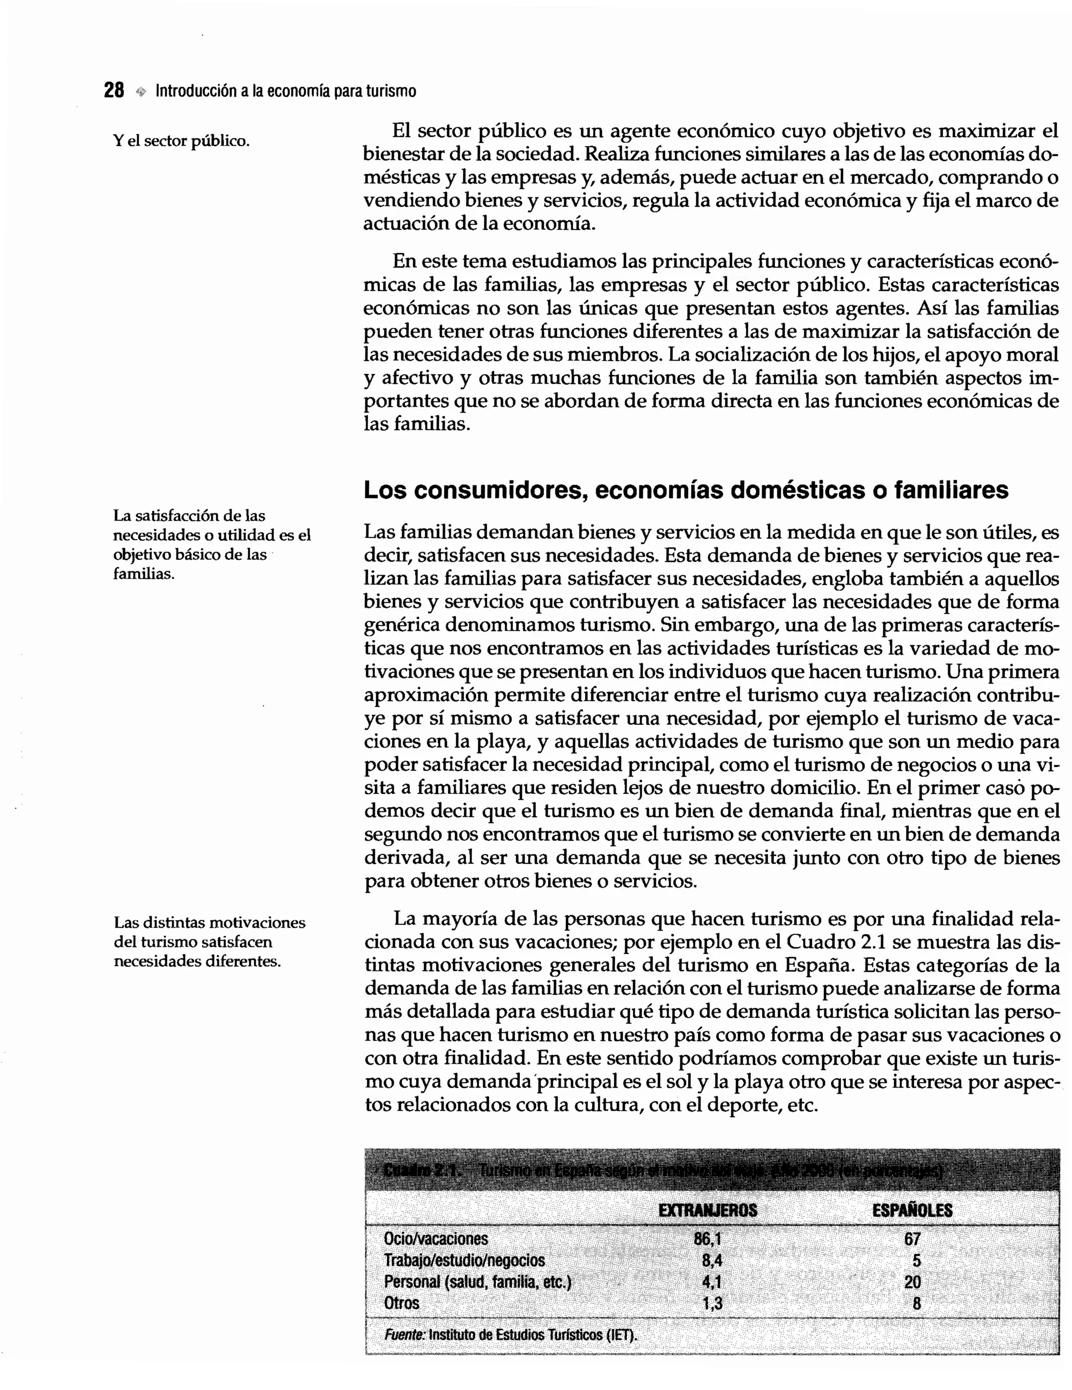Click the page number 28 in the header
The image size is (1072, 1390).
[114, 91]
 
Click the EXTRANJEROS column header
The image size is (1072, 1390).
[707, 1210]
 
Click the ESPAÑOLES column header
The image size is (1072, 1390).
[912, 1210]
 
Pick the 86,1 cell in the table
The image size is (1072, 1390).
[709, 1239]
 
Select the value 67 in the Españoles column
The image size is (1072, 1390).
[912, 1239]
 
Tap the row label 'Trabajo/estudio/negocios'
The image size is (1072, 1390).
[464, 1260]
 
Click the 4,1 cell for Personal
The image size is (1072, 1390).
[712, 1281]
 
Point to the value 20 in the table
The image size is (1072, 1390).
[912, 1281]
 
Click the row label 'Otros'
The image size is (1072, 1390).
[401, 1303]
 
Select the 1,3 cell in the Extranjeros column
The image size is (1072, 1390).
[712, 1303]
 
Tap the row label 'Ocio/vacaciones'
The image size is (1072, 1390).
[435, 1239]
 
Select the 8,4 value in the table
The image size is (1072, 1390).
[712, 1260]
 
